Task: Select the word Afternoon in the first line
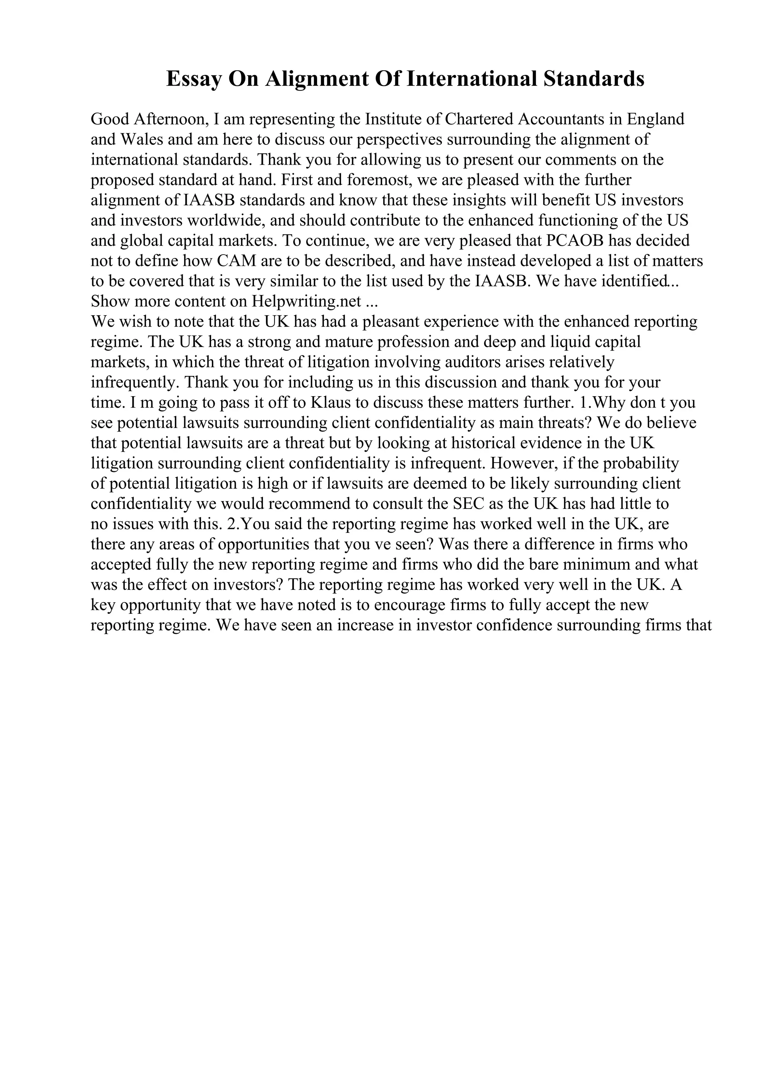[171, 119]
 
